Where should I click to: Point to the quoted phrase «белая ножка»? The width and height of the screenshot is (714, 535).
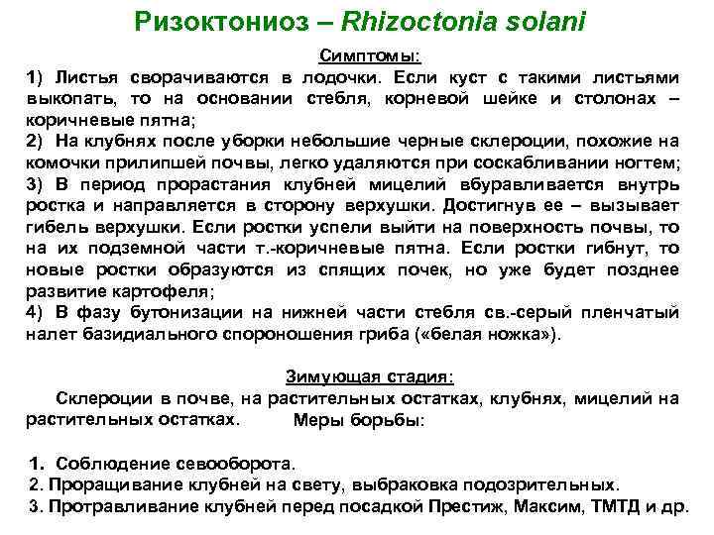(x=503, y=335)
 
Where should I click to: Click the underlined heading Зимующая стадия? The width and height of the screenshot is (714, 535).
(x=370, y=376)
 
